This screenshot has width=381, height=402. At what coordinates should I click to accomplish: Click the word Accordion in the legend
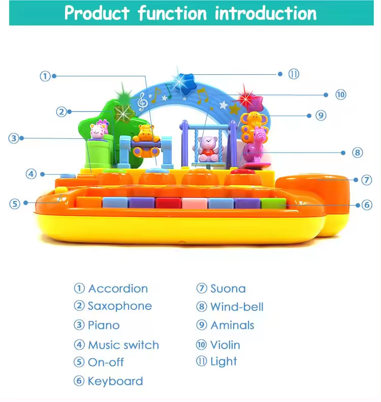click(118, 289)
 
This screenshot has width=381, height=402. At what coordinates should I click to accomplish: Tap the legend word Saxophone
click(120, 306)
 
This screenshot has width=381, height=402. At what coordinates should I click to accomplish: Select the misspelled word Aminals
click(232, 325)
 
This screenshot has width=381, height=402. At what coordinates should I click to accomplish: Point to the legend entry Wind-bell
click(237, 307)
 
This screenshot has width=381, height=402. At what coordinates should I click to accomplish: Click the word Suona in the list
click(228, 289)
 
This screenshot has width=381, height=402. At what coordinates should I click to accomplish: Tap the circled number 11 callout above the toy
click(294, 74)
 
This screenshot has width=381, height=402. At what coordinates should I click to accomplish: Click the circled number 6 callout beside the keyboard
click(367, 205)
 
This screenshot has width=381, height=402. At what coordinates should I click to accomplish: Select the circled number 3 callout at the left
click(14, 138)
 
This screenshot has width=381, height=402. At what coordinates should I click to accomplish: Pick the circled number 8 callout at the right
click(357, 153)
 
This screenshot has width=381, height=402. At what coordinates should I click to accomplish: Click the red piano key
click(168, 203)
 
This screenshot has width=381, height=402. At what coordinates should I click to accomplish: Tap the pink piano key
click(195, 203)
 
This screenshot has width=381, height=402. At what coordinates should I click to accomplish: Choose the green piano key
click(273, 203)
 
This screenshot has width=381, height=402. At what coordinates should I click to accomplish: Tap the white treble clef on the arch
click(141, 102)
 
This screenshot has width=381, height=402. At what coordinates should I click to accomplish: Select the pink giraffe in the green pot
click(99, 129)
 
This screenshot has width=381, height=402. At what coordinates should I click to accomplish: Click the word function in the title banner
click(172, 13)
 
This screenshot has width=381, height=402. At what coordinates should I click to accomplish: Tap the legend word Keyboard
click(115, 381)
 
